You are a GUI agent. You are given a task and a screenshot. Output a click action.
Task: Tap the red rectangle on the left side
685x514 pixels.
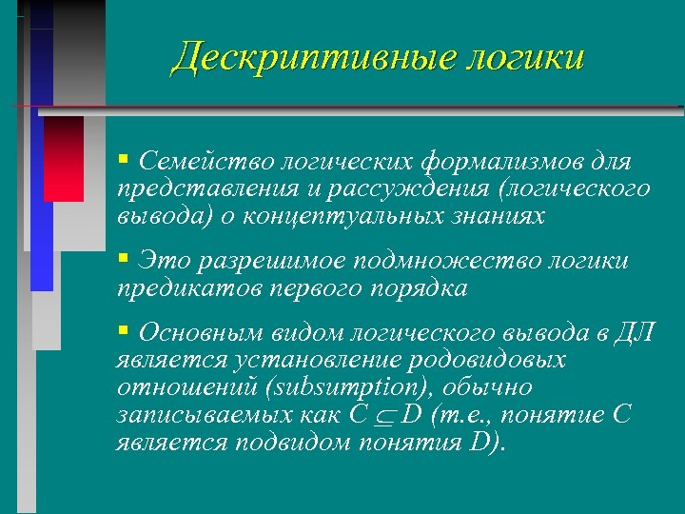(x=64, y=158)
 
